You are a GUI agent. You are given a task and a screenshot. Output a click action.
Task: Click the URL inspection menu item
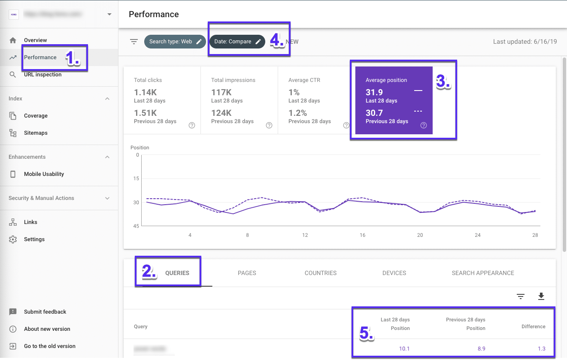tap(42, 75)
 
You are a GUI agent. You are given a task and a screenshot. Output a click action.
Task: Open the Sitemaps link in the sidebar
tap(36, 133)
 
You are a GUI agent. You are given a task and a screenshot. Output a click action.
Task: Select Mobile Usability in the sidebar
tap(44, 174)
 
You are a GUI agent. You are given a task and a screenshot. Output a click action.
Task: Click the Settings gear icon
tap(13, 239)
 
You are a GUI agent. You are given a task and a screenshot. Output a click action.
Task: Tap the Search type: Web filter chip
tap(175, 42)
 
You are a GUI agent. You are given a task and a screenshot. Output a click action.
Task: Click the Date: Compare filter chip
tap(237, 42)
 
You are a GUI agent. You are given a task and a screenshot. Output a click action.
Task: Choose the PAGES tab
tap(247, 273)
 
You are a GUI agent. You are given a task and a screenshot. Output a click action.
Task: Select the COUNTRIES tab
tap(320, 273)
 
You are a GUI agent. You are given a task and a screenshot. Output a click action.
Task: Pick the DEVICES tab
tap(394, 273)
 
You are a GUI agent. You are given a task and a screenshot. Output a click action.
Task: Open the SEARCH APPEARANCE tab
tap(482, 273)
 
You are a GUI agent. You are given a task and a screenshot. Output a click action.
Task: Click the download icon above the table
tap(541, 296)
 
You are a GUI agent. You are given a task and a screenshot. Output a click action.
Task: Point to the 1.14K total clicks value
tap(145, 92)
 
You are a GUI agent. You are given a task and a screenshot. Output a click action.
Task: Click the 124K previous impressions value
tap(221, 113)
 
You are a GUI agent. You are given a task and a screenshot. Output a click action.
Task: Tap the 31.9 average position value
tap(374, 92)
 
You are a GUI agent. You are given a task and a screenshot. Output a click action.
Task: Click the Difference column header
tap(533, 327)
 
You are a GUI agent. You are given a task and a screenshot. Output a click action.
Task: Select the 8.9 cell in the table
tap(481, 348)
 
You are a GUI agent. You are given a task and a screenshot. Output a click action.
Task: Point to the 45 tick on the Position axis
tap(136, 226)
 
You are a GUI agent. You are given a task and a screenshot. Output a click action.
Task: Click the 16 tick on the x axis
tap(362, 235)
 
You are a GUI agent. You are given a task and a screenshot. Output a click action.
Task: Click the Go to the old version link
tap(49, 346)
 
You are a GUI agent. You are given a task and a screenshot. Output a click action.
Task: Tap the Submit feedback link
tap(45, 312)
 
